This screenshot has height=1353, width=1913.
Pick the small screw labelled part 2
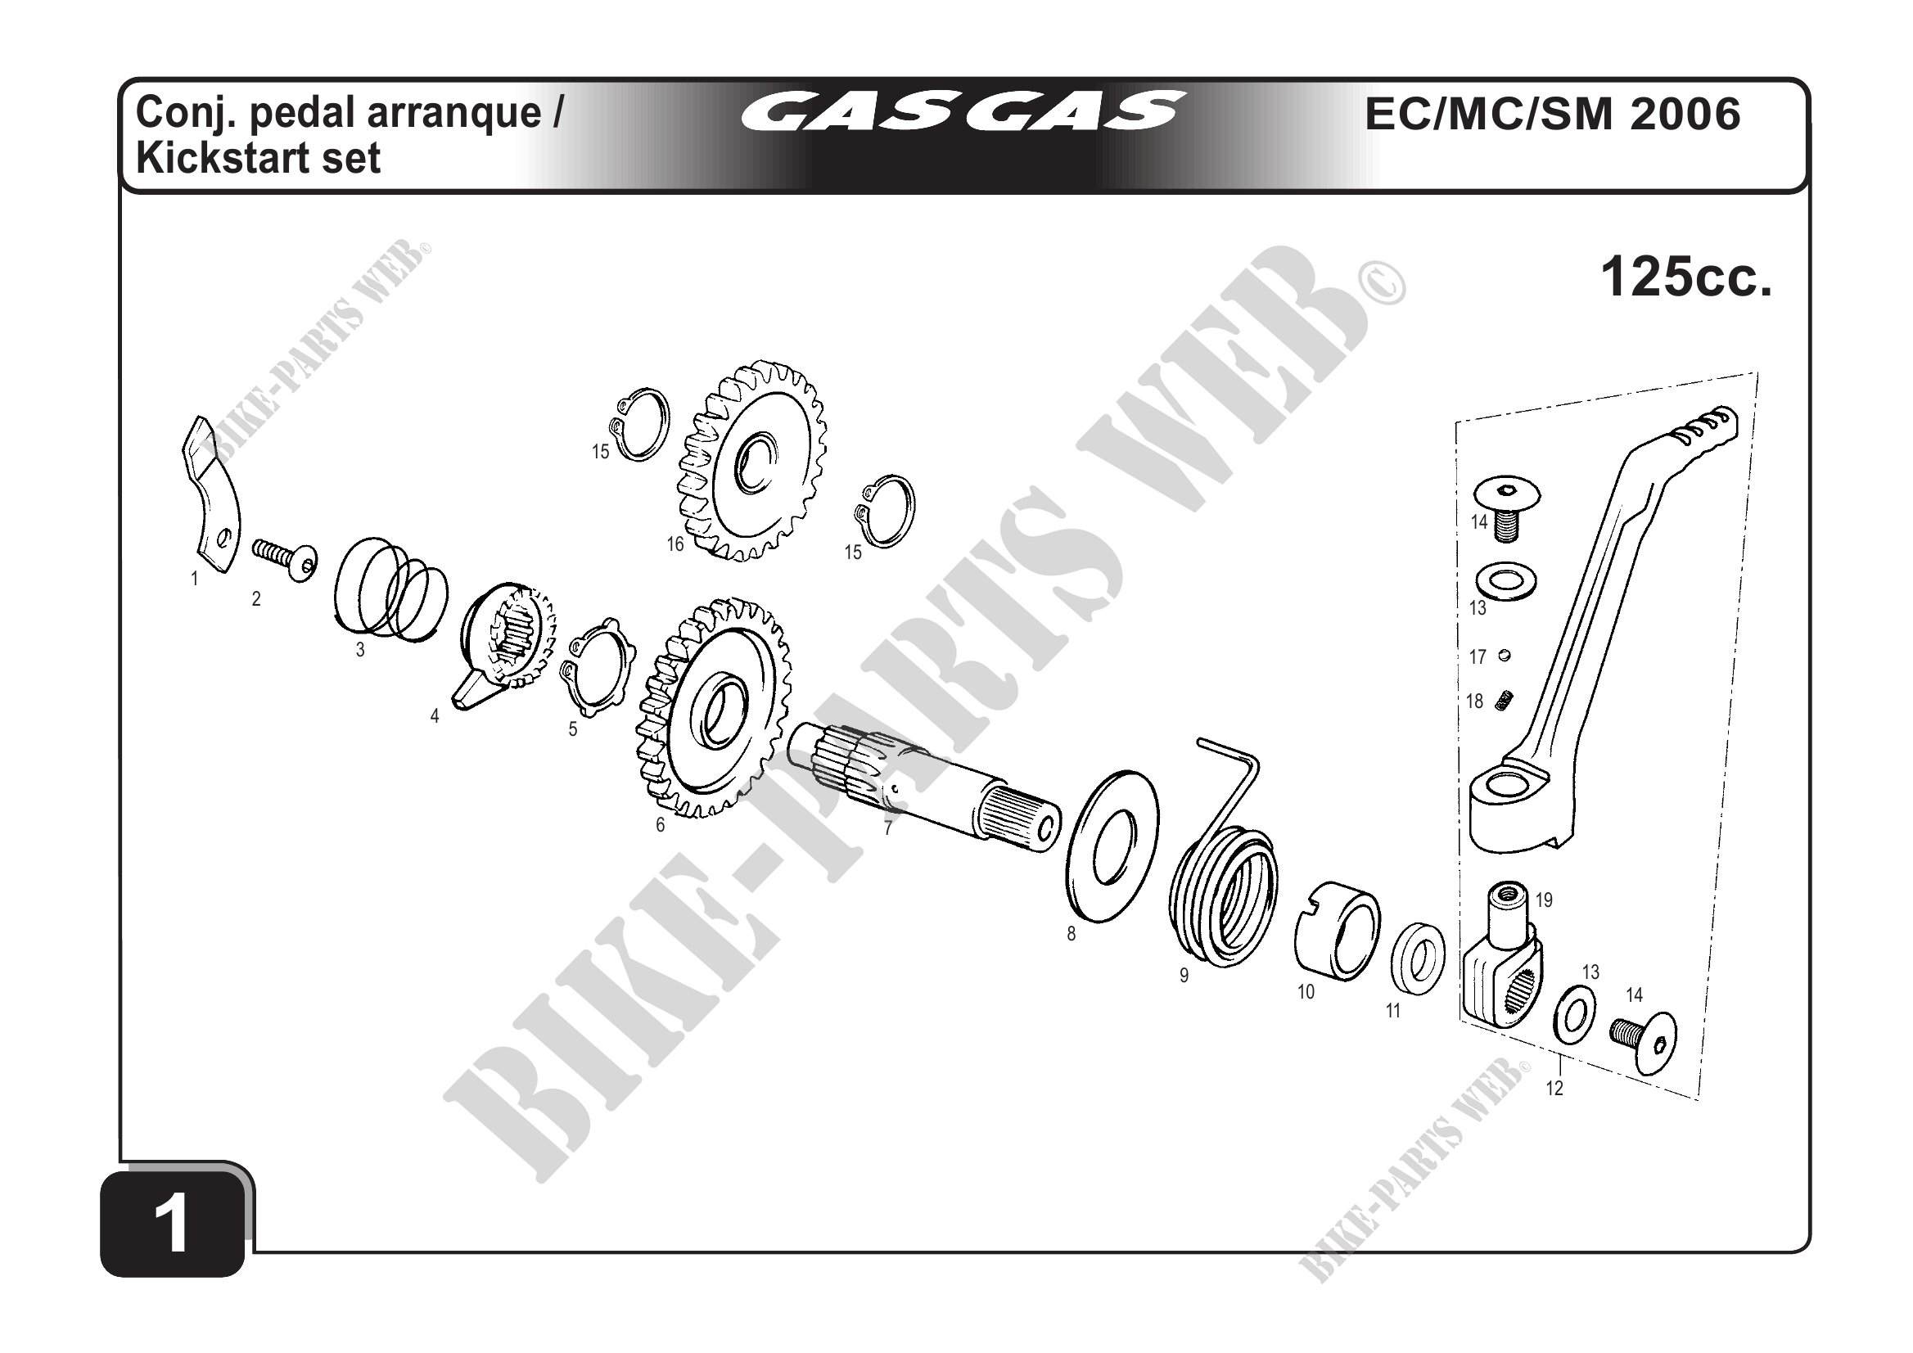(x=285, y=557)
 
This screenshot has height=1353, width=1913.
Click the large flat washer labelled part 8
(x=1112, y=846)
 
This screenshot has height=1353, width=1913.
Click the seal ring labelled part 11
(x=1418, y=958)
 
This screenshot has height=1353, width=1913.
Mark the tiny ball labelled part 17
(x=1504, y=655)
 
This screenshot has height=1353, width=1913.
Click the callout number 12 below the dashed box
(x=1554, y=1088)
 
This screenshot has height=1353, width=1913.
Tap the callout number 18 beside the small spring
(x=1475, y=701)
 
